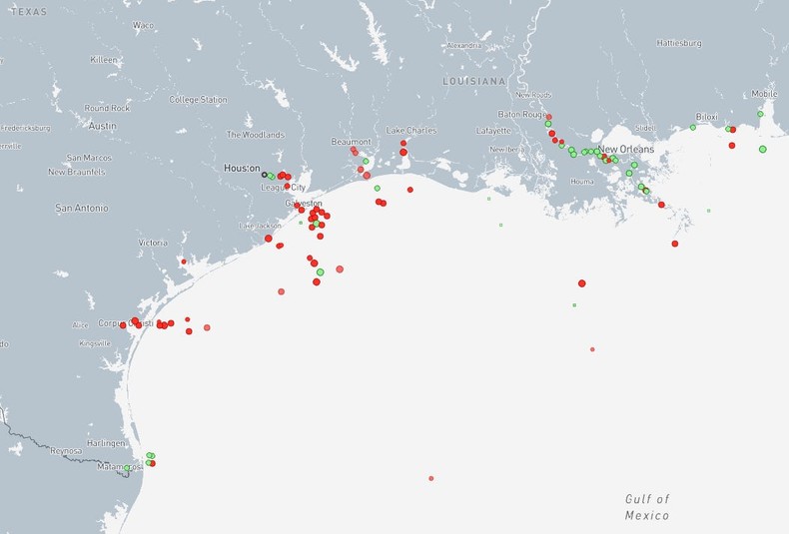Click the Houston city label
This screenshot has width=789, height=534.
[243, 169]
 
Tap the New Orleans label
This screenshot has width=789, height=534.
[626, 149]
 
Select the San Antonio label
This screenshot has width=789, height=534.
[82, 208]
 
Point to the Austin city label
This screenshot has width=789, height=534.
[102, 126]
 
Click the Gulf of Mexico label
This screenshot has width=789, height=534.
[647, 507]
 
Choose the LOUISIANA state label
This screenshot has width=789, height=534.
[474, 81]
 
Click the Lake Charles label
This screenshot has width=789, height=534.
[411, 131]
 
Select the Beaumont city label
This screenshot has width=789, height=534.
[351, 142]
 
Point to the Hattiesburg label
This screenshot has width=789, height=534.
[679, 43]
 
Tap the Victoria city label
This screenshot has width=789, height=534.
[153, 243]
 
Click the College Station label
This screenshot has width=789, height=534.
[198, 100]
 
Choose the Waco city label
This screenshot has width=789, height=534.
[143, 25]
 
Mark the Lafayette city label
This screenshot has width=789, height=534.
[493, 131]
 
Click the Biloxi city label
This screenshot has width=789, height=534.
[706, 117]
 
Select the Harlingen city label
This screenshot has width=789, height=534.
[107, 442]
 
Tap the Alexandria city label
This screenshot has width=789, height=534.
[463, 46]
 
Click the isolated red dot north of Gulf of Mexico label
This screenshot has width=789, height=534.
[431, 478]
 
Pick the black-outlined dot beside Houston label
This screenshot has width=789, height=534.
[265, 175]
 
